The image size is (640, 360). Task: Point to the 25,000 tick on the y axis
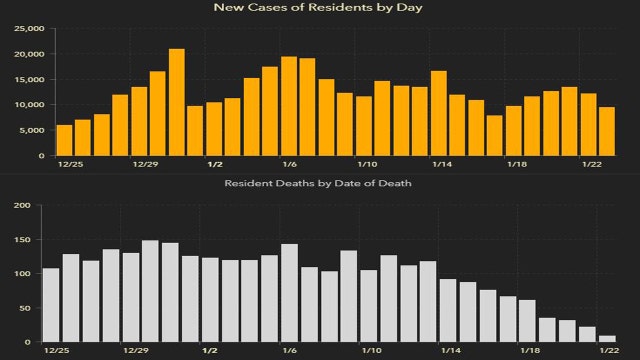coord(28,28)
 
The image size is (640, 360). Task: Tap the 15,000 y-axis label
coord(28,79)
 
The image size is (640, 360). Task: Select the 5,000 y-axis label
coord(31,130)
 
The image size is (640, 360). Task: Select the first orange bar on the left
coord(64,140)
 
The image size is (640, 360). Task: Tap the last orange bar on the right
coord(607,131)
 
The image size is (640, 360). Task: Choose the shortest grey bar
coord(607,339)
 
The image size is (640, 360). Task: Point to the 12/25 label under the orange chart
coord(69,163)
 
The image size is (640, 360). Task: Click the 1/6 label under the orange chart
coord(289,163)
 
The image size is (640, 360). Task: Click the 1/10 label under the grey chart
coord(369,352)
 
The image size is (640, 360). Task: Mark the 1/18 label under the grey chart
coord(528,352)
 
